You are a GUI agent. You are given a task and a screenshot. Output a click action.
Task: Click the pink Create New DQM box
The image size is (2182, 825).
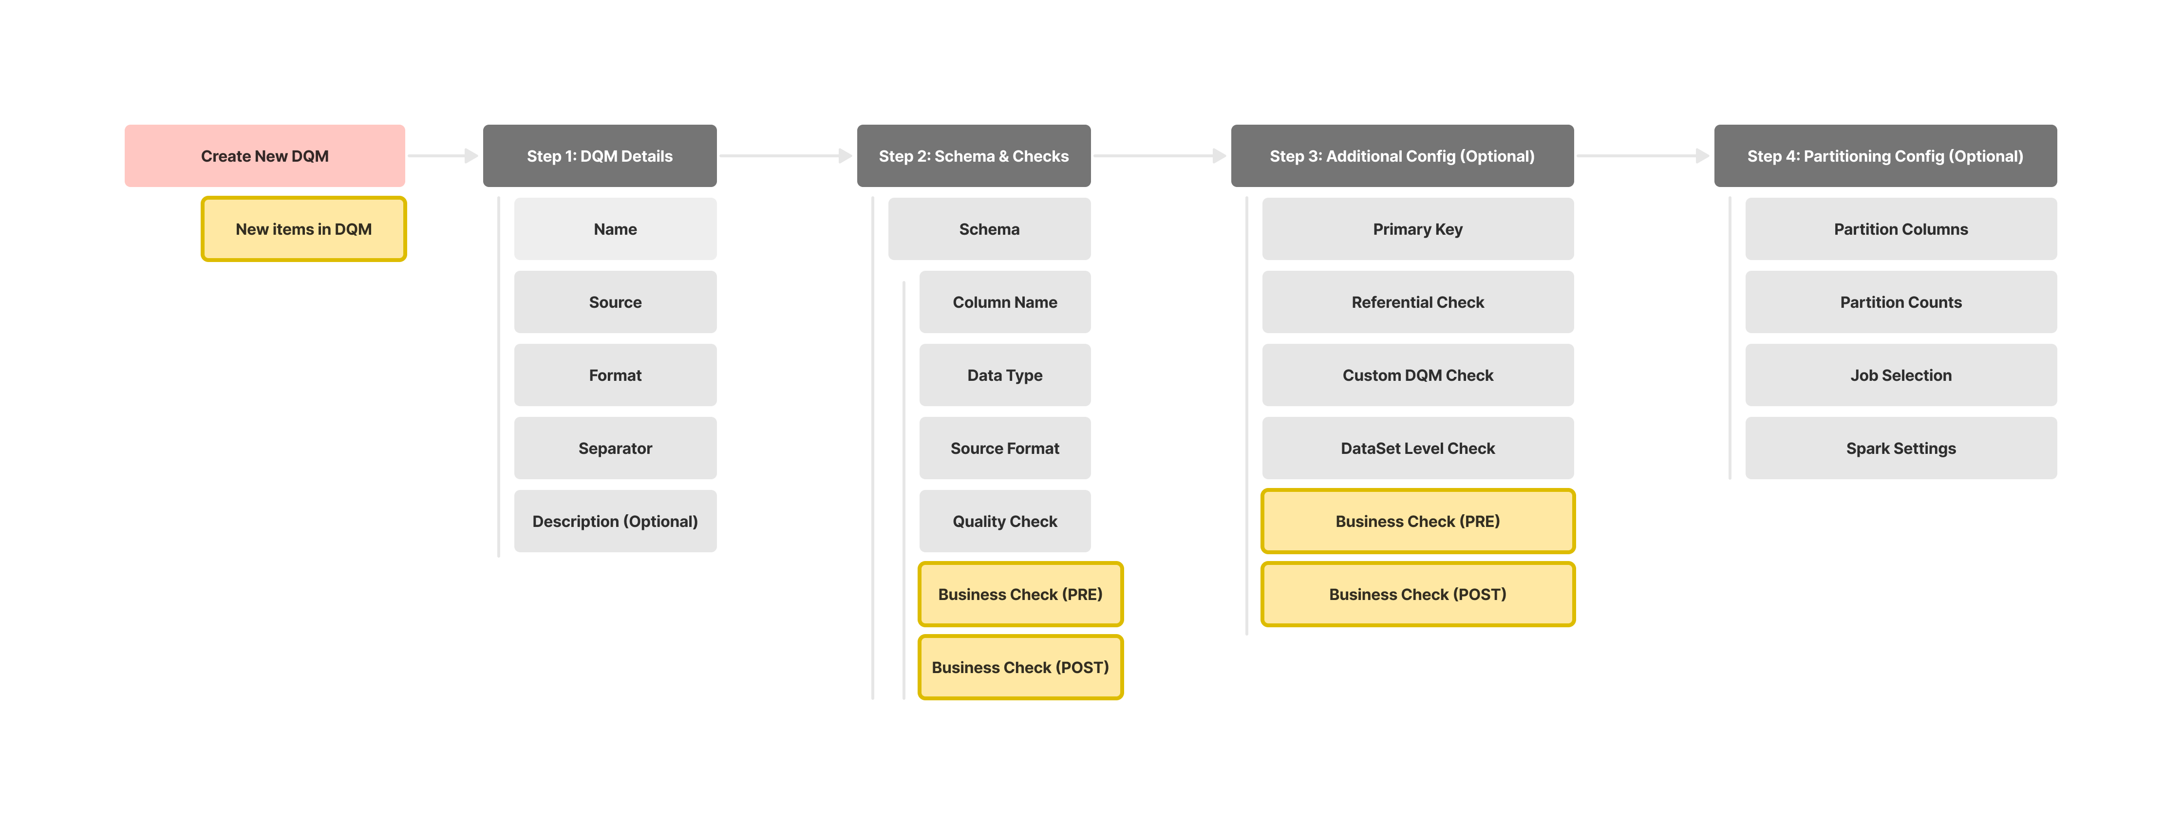264,156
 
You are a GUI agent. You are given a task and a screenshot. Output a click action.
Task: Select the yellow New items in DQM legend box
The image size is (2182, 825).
303,229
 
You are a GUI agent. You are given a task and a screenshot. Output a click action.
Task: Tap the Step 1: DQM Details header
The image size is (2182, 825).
600,156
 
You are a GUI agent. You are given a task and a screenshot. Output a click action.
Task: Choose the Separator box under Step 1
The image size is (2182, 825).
615,448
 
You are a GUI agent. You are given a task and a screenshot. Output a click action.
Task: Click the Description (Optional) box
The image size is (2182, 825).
615,521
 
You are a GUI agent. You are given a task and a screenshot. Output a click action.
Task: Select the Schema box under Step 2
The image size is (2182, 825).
989,229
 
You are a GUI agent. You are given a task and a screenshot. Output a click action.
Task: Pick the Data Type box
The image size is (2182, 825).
1005,375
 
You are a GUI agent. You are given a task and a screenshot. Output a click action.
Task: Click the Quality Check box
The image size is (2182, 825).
1005,521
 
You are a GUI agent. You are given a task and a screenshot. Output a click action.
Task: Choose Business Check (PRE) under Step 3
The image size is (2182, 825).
1418,521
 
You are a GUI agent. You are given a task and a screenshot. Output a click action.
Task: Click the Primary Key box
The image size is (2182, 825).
1418,229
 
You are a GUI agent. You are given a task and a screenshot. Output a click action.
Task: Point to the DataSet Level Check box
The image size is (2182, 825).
1418,448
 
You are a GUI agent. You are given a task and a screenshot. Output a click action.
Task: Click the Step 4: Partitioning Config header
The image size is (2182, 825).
1885,156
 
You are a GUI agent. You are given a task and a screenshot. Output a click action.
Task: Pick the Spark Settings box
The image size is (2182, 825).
1901,448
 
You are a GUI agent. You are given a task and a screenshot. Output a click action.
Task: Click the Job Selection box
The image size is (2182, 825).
1901,375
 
